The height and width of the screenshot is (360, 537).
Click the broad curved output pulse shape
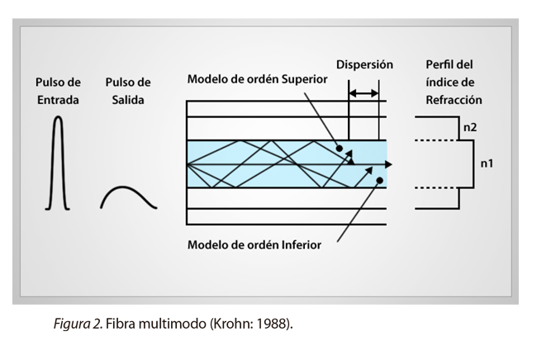tap(128, 197)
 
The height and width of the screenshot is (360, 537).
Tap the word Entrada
tap(58, 101)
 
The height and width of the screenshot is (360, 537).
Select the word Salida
tap(128, 101)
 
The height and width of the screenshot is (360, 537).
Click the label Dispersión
tap(364, 64)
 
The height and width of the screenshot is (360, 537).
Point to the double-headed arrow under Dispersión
tap(364, 94)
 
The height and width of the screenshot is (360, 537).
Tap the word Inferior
tap(297, 244)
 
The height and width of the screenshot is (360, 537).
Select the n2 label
tap(471, 128)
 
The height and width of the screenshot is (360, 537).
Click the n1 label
tap(487, 164)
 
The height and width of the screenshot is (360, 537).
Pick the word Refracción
tap(454, 101)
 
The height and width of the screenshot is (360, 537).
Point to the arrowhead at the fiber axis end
tap(388, 164)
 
